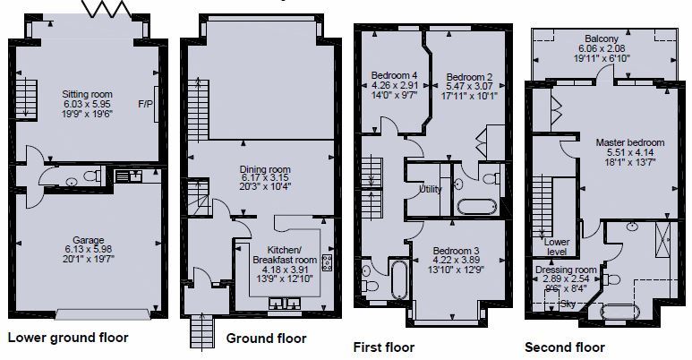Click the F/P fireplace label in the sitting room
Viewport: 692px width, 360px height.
point(145,104)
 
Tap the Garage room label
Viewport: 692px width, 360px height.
point(89,240)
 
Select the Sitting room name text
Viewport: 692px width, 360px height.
point(87,94)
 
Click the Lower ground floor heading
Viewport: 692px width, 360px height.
point(68,338)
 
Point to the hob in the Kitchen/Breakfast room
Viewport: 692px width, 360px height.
point(327,262)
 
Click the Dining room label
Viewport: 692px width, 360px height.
point(265,169)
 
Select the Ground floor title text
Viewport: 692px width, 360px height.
point(266,339)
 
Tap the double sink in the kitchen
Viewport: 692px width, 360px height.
point(286,303)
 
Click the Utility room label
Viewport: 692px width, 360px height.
point(431,189)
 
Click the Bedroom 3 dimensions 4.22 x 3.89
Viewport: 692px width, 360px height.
point(457,260)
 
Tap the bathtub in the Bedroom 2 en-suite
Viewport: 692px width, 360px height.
point(476,207)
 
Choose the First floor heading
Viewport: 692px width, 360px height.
point(383,347)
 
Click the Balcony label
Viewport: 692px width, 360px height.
point(602,39)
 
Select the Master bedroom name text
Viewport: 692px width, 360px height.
point(629,142)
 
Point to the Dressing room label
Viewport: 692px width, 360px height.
point(566,270)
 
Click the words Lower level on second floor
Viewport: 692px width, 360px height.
point(557,246)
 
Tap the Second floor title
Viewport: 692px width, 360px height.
point(565,347)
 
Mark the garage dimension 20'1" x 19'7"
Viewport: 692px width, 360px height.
point(89,259)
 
